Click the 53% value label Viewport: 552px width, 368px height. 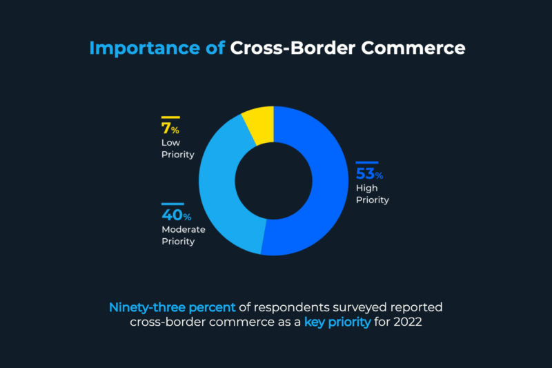point(369,174)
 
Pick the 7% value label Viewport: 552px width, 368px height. point(170,129)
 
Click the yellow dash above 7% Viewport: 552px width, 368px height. point(170,117)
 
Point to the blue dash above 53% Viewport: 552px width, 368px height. point(366,162)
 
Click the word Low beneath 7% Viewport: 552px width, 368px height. point(170,143)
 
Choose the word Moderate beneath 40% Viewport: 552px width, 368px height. point(182,229)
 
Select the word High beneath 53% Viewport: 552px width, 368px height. point(366,188)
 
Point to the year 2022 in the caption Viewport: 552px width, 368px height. point(406,322)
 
